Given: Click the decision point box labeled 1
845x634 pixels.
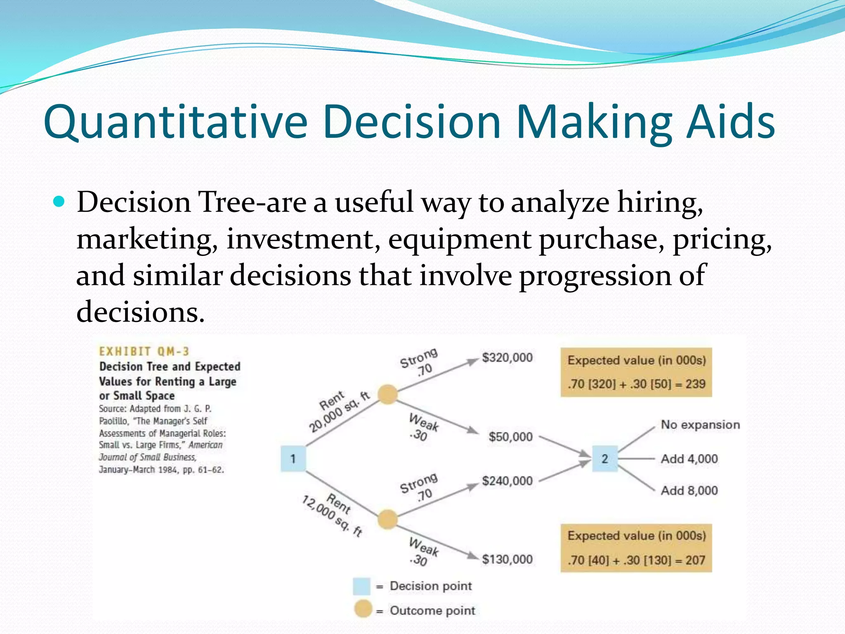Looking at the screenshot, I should pos(293,459).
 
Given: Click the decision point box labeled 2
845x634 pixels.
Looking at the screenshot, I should pos(604,459).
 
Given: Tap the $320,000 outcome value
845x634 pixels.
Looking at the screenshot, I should pos(507,357).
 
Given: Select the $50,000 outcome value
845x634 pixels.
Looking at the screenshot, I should pos(510,437).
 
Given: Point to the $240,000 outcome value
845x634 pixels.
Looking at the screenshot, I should pos(507,481).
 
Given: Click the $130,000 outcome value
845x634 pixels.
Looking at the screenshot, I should pos(507,559).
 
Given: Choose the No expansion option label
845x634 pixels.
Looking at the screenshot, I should pos(700,425).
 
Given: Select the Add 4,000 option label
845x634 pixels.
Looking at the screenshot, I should pos(689,459).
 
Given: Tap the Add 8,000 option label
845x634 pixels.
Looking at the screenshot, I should pos(689,490).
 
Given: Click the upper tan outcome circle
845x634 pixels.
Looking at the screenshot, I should pos(387,394).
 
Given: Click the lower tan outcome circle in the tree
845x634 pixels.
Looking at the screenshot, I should pos(387,519).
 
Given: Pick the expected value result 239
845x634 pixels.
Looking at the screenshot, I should pos(695,384).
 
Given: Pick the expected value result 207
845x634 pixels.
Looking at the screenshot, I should pos(695,560).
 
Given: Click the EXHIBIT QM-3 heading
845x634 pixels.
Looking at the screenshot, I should pos(144,352).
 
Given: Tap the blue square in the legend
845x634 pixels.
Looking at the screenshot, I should pos(361,586).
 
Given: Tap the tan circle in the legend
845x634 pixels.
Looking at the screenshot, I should pos(363,609).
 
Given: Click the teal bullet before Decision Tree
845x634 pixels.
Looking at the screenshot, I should pos(59,202).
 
